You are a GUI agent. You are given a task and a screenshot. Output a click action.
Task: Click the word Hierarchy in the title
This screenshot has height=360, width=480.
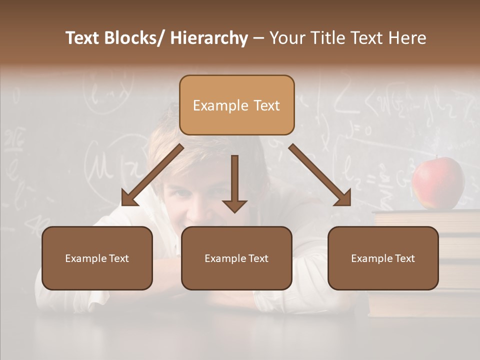(209, 38)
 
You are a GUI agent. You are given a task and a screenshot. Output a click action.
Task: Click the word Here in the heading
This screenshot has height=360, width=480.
(408, 38)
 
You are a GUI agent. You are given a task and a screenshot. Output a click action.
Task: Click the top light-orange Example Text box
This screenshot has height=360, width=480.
(236, 105)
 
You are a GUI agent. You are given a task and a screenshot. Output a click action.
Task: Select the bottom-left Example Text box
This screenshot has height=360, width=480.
(97, 258)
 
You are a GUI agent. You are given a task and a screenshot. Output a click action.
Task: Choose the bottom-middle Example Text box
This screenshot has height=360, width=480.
(236, 258)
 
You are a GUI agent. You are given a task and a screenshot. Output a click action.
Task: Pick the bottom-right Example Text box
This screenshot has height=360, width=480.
(383, 258)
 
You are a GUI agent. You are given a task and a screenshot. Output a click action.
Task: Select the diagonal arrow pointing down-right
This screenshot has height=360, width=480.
(320, 175)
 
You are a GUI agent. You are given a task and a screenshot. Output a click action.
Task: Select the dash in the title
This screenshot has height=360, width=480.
(258, 39)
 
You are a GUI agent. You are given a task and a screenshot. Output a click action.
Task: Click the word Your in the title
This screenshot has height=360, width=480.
(285, 38)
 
